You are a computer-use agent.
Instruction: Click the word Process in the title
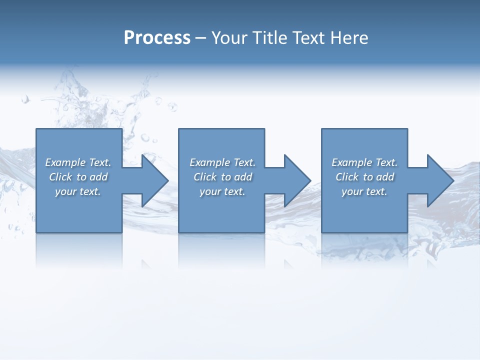[157, 38]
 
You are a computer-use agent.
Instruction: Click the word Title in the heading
[270, 38]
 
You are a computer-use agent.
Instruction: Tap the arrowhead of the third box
[443, 180]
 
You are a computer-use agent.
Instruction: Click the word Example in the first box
[65, 162]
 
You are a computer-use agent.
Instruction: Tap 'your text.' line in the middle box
[222, 191]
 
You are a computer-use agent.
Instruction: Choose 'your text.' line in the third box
[364, 191]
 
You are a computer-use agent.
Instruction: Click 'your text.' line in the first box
[77, 191]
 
